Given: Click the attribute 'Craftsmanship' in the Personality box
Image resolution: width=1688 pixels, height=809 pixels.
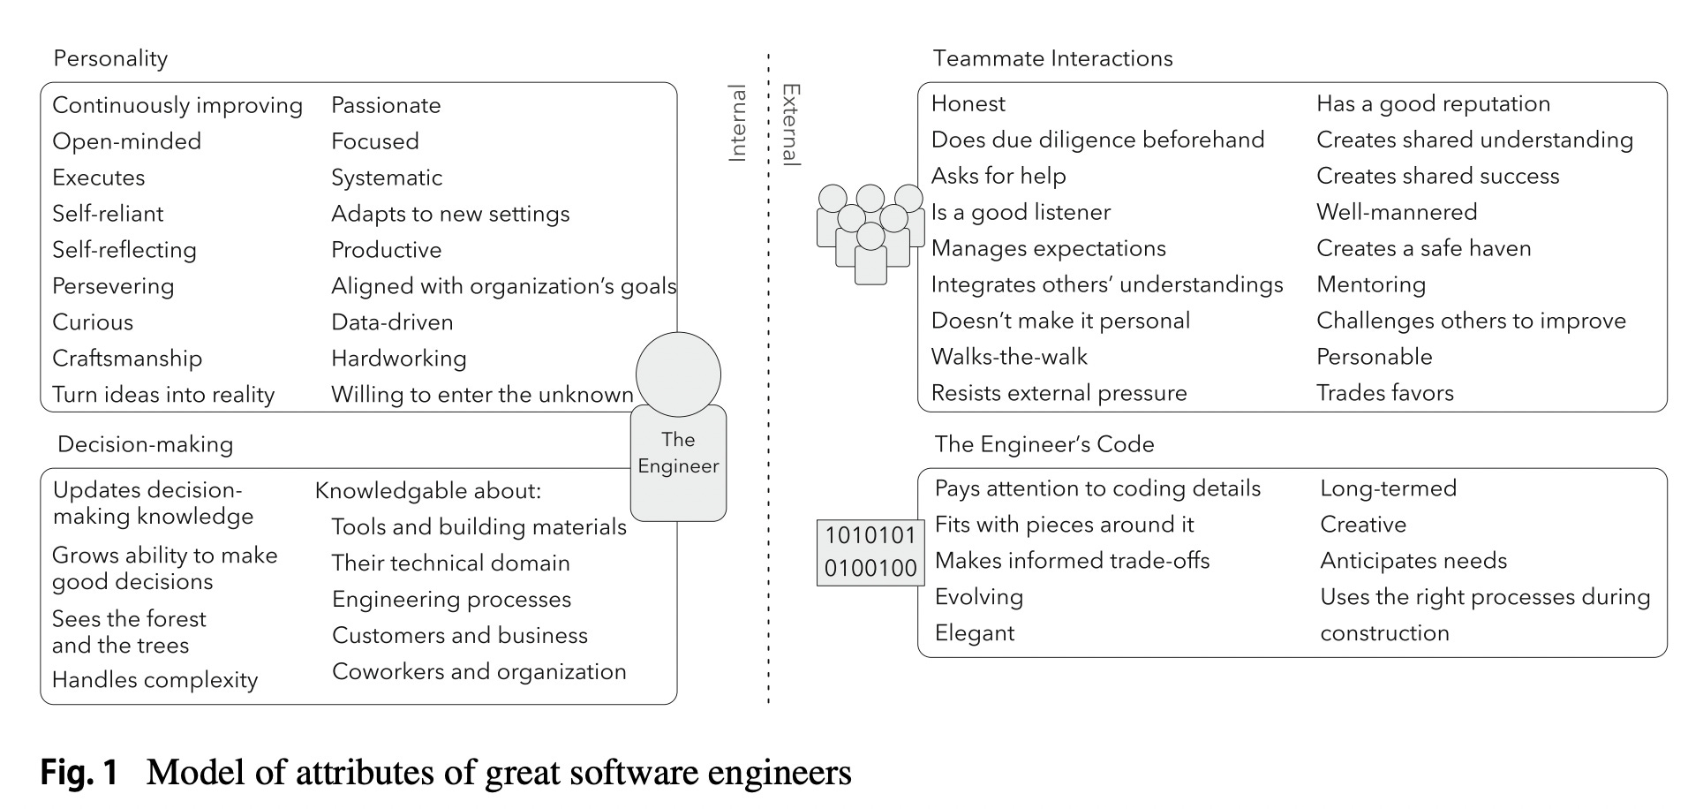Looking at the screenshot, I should pos(127,359).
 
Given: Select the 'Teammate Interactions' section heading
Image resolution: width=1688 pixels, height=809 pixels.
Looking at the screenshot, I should pos(1052,58).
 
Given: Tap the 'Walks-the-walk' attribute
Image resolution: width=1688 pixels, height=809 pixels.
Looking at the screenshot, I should pos(1009,357).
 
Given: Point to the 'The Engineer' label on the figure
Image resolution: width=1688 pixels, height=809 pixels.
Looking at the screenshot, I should pos(678,453).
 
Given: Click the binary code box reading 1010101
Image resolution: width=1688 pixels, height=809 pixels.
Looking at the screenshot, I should pos(870,551).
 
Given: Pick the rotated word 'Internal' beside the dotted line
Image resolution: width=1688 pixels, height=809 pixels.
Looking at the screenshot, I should pos(737,124).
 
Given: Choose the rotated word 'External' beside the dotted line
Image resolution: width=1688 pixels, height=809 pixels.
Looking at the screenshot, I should pos(792,125).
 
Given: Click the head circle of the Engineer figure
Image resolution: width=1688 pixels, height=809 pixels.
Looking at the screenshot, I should pos(678,374).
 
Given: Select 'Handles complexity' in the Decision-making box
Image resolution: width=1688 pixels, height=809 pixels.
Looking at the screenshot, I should pos(154,680).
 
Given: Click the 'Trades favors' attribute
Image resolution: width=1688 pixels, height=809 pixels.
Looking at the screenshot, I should pos(1384,393).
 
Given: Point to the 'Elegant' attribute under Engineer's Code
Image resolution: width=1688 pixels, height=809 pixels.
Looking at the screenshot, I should pos(975,633).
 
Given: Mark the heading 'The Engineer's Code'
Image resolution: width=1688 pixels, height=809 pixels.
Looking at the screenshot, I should pos(1044,444).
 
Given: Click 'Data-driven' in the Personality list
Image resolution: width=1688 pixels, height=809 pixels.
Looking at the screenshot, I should pos(392,322).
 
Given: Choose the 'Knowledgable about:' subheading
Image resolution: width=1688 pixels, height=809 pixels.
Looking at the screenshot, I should pos(428,491).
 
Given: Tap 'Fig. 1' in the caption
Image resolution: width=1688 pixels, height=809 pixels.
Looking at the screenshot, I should pos(79,773).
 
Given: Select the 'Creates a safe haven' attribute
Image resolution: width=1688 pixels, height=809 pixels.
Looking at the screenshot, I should pos(1423,248).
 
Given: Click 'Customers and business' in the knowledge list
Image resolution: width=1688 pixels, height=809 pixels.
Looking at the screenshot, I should pos(460,636).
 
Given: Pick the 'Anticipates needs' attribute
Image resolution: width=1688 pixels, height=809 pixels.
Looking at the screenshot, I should pos(1413,561).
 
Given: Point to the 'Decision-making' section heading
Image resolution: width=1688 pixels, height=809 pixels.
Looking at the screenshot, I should pos(145,444).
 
